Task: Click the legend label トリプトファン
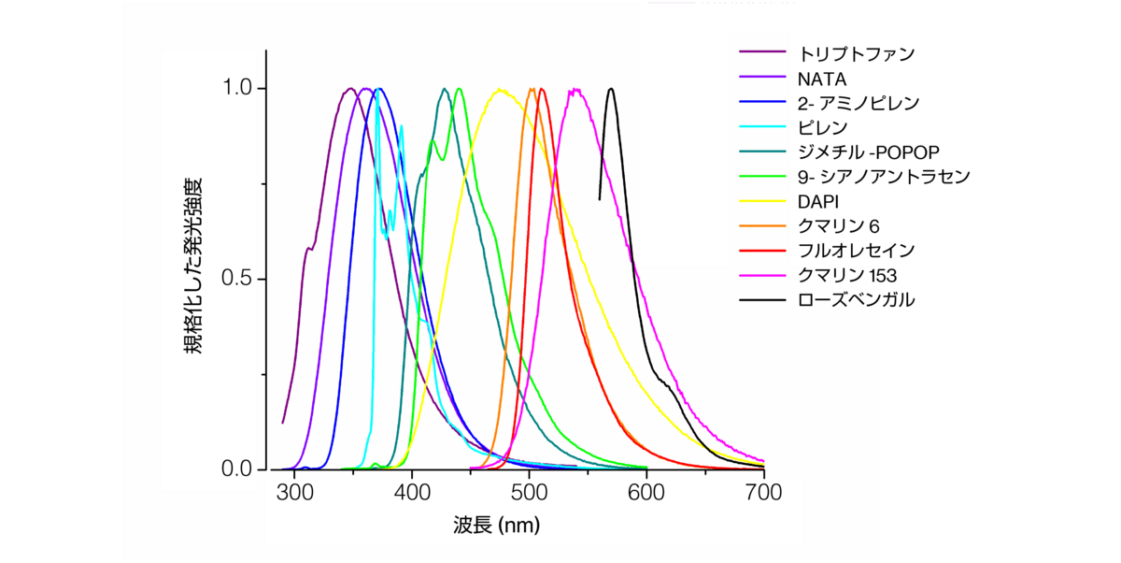857,52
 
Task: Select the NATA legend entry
822,78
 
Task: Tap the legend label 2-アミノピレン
858,102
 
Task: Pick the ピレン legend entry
822,127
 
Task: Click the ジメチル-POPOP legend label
868,152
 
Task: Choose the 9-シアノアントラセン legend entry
884,176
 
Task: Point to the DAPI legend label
818,201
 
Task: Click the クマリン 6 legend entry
839,226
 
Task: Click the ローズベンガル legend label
857,300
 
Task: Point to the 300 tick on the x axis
295,494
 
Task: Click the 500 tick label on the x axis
530,494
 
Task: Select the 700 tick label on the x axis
763,494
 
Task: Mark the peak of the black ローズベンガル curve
611,89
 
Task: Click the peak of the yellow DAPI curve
501,90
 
